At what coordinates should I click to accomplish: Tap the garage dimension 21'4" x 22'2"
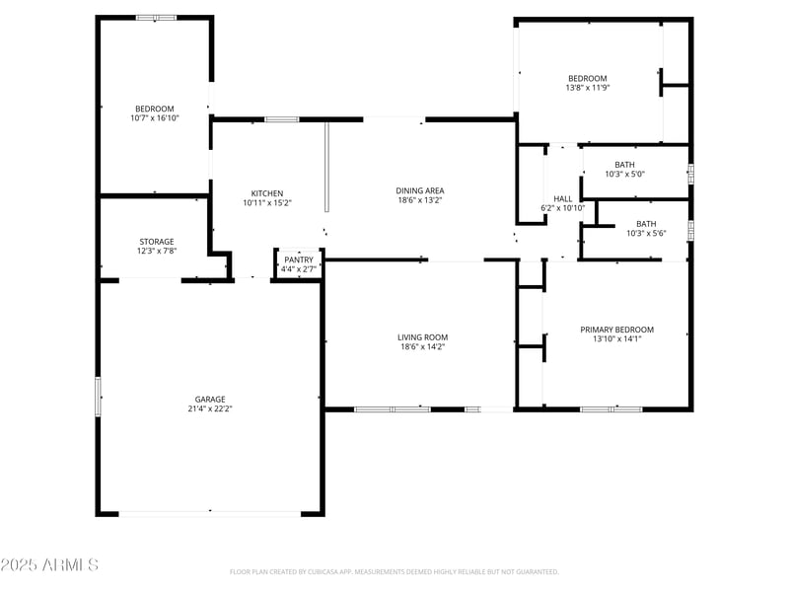pos(209,408)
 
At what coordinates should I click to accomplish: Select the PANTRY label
pos(298,259)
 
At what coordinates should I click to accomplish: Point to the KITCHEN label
pos(267,192)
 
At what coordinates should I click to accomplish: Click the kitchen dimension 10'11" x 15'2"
pos(267,203)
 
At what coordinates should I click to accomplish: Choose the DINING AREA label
pos(420,190)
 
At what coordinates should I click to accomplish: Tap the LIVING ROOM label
pos(422,337)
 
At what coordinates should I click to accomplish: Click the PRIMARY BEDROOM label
pos(616,330)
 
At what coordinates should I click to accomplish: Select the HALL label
pos(563,198)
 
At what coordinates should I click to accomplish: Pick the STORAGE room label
pos(156,241)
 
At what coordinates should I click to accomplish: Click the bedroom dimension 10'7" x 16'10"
pos(155,118)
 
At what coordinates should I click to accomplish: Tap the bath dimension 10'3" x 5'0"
pos(624,176)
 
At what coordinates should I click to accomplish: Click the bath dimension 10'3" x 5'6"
pos(646,234)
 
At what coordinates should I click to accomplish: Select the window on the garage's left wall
pos(98,397)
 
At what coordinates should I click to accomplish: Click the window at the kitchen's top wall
pos(281,119)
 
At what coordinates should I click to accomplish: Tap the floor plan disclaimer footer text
pos(394,571)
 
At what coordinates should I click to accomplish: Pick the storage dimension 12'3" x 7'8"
pos(156,252)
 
